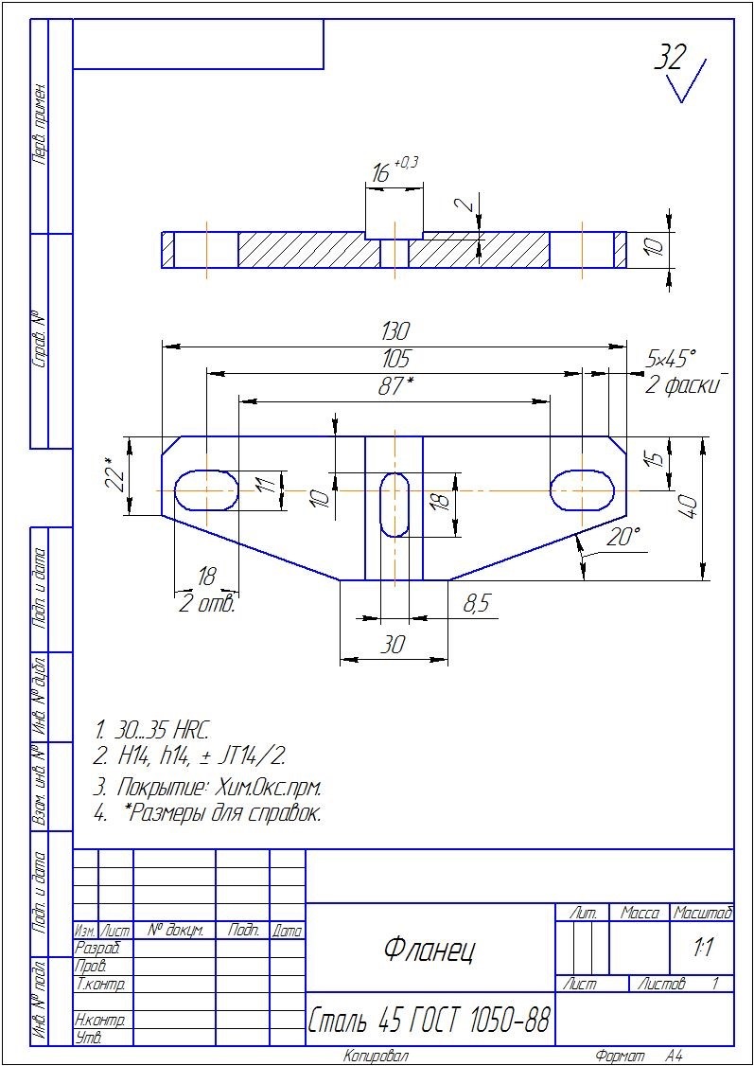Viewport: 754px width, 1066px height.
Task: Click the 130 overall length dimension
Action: pos(395,331)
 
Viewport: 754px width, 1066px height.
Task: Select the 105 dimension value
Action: pos(395,359)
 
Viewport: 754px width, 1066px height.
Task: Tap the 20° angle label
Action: pos(623,537)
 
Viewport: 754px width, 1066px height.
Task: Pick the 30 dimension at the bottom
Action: pos(393,645)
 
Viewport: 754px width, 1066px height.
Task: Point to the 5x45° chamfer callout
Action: pos(671,356)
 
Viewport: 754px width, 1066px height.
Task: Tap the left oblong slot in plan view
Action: pos(206,490)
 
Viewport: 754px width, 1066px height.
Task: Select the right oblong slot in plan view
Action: pos(582,489)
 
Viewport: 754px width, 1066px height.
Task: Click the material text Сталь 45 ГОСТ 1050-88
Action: pos(430,1020)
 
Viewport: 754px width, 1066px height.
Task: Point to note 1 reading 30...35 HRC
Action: pos(153,731)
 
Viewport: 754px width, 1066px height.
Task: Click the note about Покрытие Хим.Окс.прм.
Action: pos(207,788)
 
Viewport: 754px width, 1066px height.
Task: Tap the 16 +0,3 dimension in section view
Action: pos(393,170)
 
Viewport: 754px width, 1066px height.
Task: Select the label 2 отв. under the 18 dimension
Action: pos(207,604)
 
